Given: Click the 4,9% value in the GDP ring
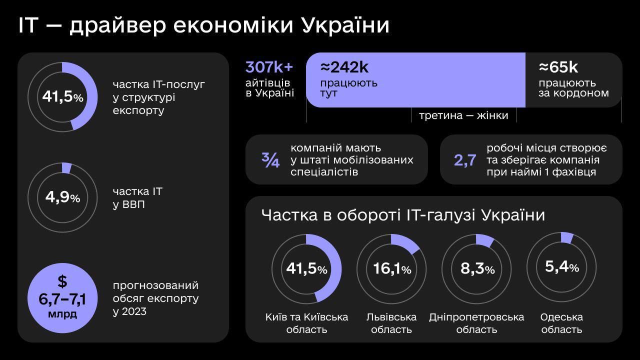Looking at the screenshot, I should pyautogui.click(x=62, y=197).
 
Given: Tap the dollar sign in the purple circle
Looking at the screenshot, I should pyautogui.click(x=62, y=281).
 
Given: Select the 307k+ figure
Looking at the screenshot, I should pyautogui.click(x=269, y=67).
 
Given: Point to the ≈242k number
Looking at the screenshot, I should pyautogui.click(x=344, y=67).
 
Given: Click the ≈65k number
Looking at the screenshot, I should pyautogui.click(x=558, y=67).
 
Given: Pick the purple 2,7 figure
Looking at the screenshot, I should pyautogui.click(x=465, y=160).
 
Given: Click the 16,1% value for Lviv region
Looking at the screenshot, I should pyautogui.click(x=392, y=269).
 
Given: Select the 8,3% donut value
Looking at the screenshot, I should pyautogui.click(x=477, y=269).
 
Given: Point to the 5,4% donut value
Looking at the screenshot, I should pyautogui.click(x=561, y=267).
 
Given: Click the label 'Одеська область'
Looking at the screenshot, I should pyautogui.click(x=561, y=323).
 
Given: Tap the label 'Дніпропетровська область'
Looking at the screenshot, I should pyautogui.click(x=476, y=323).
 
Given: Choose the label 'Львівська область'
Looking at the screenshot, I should pyautogui.click(x=391, y=323).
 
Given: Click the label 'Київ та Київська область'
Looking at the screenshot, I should pyautogui.click(x=306, y=323).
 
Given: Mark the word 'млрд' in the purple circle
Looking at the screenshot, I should pyautogui.click(x=62, y=314).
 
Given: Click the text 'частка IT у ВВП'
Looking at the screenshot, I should pyautogui.click(x=137, y=197).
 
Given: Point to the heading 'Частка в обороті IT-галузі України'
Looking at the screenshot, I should pyautogui.click(x=403, y=215).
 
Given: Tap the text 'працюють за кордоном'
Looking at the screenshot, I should pyautogui.click(x=573, y=88).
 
